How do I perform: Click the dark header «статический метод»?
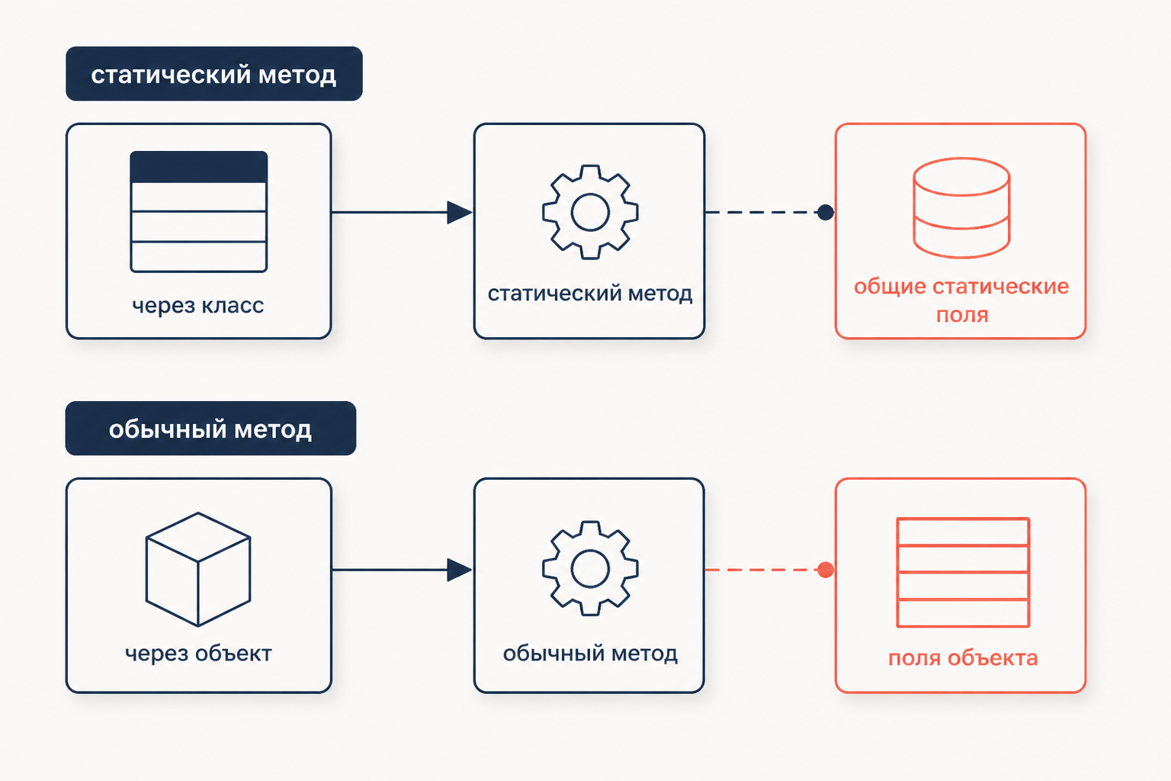[x=213, y=74]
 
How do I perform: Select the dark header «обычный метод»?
[x=210, y=429]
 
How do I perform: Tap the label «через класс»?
[x=198, y=306]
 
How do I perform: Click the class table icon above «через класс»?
[x=199, y=212]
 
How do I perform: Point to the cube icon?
[x=198, y=569]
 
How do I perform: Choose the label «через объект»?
[x=198, y=654]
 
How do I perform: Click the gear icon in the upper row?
[x=590, y=212]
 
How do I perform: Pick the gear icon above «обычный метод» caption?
[x=590, y=569]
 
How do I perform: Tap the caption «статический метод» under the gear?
[x=590, y=294]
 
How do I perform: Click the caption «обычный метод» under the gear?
[x=590, y=654]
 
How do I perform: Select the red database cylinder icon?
[x=961, y=207]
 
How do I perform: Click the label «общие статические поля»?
[x=961, y=301]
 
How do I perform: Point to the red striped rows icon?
[x=963, y=572]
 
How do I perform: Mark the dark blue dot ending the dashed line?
[x=826, y=212]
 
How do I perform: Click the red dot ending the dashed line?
[x=826, y=570]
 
